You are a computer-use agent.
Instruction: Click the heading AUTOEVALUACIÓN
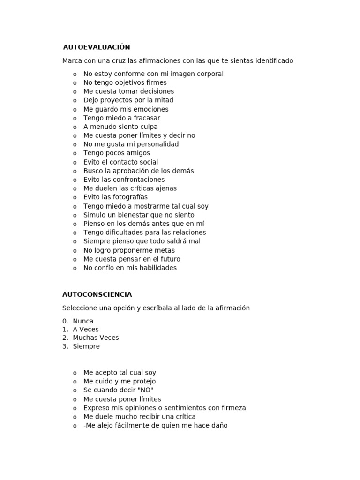tap(96, 47)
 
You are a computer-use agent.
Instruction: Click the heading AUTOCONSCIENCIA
tap(97, 295)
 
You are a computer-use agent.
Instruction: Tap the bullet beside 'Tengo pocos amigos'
tap(75, 153)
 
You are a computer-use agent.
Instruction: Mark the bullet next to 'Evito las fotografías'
tap(75, 197)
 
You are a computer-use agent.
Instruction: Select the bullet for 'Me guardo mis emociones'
tap(75, 109)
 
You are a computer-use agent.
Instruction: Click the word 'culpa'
tap(148, 127)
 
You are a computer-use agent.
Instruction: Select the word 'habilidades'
tap(157, 268)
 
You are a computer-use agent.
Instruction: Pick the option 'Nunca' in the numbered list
tap(83, 322)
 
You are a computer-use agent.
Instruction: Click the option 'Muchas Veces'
tap(96, 338)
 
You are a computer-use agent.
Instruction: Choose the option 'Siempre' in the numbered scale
tap(86, 347)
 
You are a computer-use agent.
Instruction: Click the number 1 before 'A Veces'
tap(65, 330)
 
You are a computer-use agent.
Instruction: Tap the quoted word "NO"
tap(146, 390)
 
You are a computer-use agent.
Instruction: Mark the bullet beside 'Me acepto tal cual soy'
tap(75, 373)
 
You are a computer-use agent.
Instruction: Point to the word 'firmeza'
tap(233, 408)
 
